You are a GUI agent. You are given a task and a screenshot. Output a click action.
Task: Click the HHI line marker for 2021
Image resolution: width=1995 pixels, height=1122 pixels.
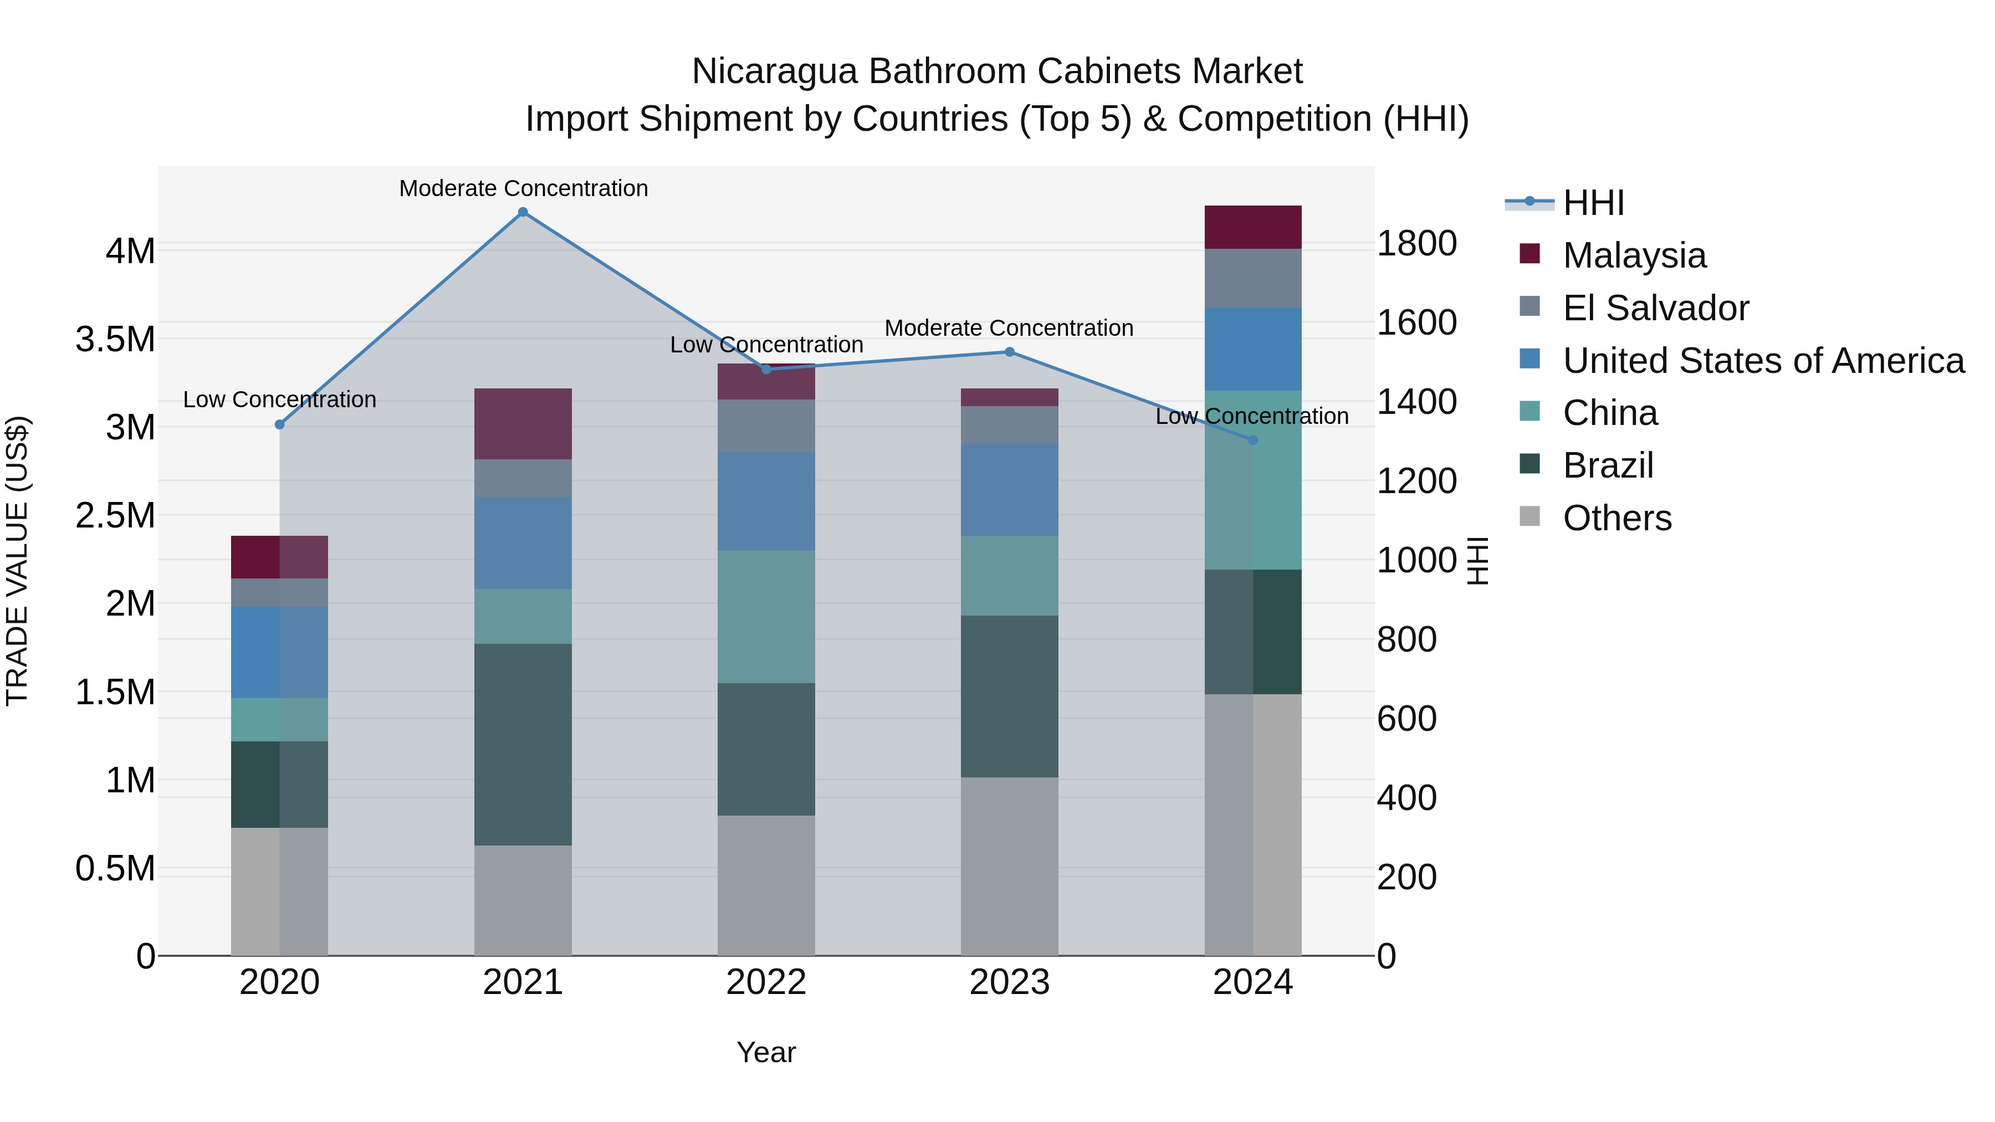(x=523, y=212)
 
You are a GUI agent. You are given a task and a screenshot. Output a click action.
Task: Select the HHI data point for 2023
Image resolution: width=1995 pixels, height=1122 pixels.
(x=1009, y=352)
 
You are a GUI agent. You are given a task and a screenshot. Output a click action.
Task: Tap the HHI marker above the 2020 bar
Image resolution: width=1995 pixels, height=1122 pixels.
(x=280, y=424)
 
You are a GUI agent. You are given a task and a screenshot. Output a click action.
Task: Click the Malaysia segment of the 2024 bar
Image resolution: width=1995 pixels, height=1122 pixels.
(x=1252, y=227)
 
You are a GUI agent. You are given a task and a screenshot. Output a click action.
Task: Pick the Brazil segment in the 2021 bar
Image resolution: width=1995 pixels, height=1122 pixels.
(x=523, y=744)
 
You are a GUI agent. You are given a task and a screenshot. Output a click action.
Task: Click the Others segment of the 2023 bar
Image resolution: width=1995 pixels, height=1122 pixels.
(x=1009, y=865)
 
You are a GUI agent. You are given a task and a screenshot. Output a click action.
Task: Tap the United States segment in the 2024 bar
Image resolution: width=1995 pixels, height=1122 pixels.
(x=1252, y=349)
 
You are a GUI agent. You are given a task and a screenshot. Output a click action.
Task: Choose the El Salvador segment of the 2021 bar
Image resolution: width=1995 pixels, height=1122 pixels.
(x=523, y=478)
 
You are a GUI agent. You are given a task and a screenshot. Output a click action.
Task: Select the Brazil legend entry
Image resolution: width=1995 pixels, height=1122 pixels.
(x=1608, y=465)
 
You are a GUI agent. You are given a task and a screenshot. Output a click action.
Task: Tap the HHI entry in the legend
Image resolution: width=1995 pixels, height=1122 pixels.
(x=1593, y=203)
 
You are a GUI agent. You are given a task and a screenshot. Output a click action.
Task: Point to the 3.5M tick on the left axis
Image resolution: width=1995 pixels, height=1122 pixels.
(x=115, y=339)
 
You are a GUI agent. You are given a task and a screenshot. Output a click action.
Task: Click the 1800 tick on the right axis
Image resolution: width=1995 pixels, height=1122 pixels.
(x=1416, y=244)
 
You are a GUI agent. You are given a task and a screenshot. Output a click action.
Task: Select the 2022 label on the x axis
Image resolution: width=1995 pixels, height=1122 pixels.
(x=766, y=982)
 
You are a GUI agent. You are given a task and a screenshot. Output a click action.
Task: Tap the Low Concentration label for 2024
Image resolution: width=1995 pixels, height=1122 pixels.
(x=1251, y=416)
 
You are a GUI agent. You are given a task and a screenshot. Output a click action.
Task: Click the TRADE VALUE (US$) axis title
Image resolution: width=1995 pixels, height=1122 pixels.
(x=17, y=561)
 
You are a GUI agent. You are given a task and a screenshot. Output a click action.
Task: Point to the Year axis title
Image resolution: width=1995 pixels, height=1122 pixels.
(x=766, y=1052)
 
